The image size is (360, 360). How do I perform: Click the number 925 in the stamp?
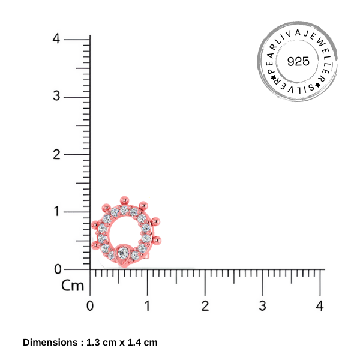click(298, 61)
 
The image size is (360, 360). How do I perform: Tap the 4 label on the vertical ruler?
click(56, 38)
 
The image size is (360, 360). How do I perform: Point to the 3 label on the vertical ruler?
click(56, 96)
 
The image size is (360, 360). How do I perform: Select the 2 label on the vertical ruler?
click(56, 154)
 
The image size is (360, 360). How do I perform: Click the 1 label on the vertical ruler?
click(57, 211)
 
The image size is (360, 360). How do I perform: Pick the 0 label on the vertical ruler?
click(58, 269)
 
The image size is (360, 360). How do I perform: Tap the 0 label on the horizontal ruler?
click(90, 306)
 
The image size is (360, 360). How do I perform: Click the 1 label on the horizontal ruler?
click(148, 306)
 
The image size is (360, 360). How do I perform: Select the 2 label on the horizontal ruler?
click(205, 306)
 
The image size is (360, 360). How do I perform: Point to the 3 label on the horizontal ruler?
click(263, 306)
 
